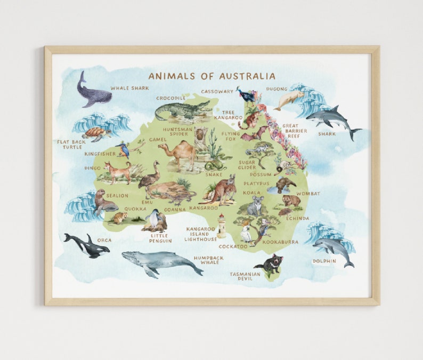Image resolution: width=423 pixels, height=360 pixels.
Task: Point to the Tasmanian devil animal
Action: pyautogui.click(x=270, y=263)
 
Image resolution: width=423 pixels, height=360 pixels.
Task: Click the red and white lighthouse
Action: pyautogui.click(x=221, y=225)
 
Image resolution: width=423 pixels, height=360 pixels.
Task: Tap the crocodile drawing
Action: pyautogui.click(x=181, y=111)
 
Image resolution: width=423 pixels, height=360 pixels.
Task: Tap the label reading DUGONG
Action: pyautogui.click(x=276, y=89)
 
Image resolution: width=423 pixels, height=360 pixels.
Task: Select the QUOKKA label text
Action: pyautogui.click(x=135, y=209)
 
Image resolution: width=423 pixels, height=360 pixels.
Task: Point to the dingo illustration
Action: pyautogui.click(x=118, y=171)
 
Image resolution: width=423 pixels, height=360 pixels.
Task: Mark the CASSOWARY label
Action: pyautogui.click(x=217, y=92)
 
